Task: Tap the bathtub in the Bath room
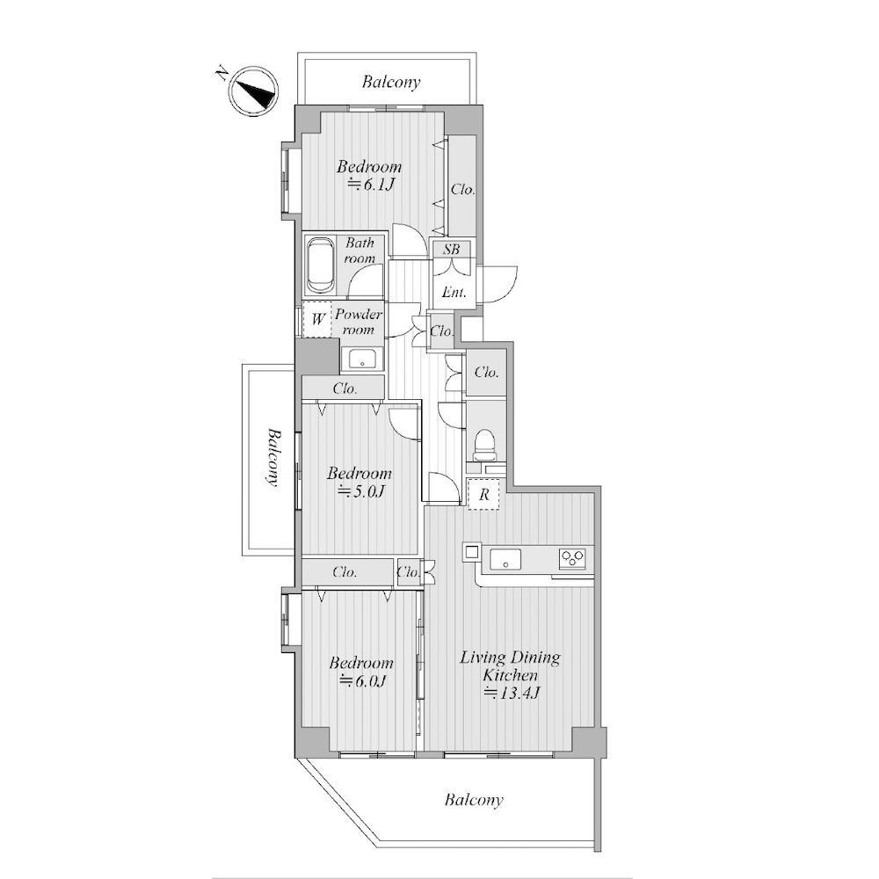click(320, 266)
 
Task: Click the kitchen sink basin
click(505, 559)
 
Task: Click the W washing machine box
click(317, 320)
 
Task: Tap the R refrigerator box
click(483, 494)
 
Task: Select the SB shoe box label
click(451, 249)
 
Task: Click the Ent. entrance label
click(454, 292)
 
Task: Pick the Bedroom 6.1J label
click(369, 176)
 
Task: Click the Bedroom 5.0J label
click(360, 482)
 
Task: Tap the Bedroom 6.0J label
click(361, 672)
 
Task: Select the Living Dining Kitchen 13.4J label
click(510, 675)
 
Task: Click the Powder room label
click(359, 322)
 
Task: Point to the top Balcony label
click(391, 83)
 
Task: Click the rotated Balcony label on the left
click(273, 457)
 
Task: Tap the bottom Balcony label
click(474, 800)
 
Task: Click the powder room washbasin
click(362, 360)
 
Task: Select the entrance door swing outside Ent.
click(499, 284)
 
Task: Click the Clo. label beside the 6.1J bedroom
click(463, 190)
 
